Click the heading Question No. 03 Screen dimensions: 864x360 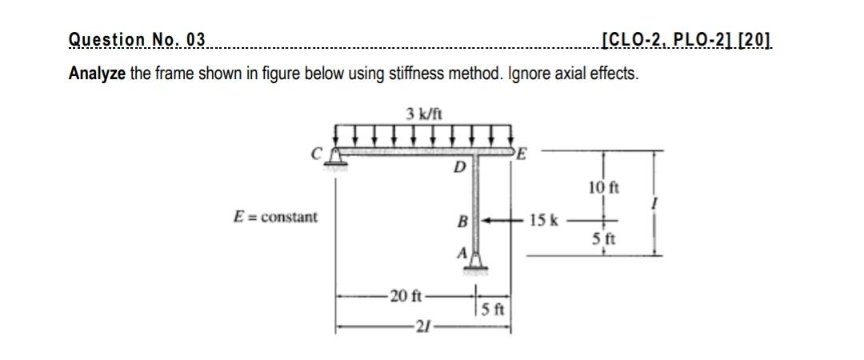click(137, 39)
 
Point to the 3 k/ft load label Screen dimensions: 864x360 click(421, 114)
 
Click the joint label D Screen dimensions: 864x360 click(458, 169)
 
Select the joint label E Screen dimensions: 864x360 click(522, 155)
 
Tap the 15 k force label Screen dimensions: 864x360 click(547, 218)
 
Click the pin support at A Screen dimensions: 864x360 click(477, 261)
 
